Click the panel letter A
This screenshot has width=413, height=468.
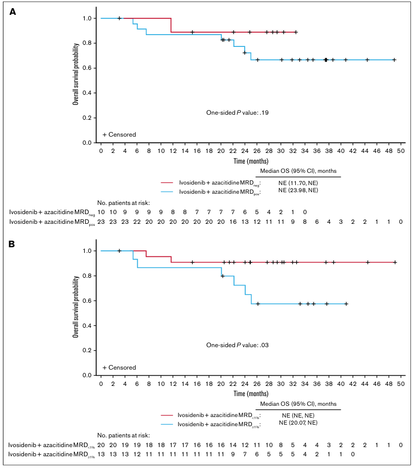click(x=13, y=12)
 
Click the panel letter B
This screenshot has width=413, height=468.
click(x=12, y=244)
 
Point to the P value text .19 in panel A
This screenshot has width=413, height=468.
click(x=264, y=113)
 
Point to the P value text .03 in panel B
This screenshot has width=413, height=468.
click(x=264, y=345)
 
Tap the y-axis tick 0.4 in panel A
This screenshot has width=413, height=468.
click(x=87, y=93)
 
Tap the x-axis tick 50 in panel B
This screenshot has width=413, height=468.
click(x=401, y=384)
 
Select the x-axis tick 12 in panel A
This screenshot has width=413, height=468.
click(x=173, y=151)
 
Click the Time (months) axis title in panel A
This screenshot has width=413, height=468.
click(x=251, y=161)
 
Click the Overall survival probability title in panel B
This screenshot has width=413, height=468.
click(x=76, y=307)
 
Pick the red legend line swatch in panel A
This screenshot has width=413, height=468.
click(x=167, y=183)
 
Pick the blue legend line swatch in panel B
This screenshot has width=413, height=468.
click(x=167, y=424)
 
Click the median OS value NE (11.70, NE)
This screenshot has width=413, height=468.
click(x=298, y=183)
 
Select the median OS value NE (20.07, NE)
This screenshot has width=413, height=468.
click(x=298, y=423)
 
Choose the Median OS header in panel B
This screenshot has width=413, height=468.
click(x=298, y=404)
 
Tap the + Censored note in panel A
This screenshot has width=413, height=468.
click(x=119, y=135)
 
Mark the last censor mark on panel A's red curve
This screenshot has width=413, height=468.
click(x=296, y=32)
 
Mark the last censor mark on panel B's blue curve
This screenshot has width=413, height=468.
click(x=346, y=304)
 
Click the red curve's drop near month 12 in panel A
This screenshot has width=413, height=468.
click(x=171, y=25)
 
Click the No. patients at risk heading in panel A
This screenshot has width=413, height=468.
click(x=123, y=203)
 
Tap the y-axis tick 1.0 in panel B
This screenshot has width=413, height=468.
click(x=87, y=251)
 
